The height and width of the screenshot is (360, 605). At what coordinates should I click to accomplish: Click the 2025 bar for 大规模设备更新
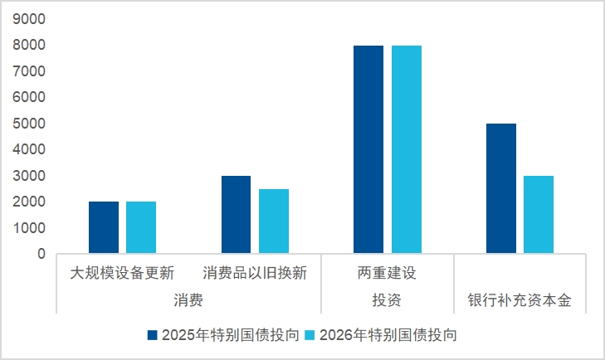104,227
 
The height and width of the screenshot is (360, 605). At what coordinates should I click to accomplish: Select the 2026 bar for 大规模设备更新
141,227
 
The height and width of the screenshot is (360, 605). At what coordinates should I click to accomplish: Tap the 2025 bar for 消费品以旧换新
237,215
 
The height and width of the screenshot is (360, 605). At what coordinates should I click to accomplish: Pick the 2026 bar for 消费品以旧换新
274,221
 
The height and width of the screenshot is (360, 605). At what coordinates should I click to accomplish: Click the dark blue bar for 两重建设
368,149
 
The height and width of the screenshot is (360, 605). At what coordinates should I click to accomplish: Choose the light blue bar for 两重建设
407,149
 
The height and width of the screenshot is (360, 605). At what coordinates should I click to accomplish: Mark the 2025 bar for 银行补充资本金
501,188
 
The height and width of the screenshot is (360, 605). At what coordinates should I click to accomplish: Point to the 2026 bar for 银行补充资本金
539,215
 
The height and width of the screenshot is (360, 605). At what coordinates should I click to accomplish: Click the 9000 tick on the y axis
29,19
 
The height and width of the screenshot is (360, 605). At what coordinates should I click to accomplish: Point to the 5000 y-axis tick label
29,124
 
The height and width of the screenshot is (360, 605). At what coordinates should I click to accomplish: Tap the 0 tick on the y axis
41,254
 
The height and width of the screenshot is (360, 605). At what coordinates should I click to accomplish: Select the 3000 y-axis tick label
29,176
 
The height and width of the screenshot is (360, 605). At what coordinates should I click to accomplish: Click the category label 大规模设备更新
122,273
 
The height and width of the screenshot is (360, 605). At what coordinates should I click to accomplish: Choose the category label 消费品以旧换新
255,273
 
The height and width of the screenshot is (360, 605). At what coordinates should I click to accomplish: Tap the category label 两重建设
387,273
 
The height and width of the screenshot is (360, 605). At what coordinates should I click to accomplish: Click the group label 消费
188,299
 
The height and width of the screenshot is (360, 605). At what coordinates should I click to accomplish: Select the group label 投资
387,299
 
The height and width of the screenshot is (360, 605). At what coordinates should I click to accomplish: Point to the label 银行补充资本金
520,299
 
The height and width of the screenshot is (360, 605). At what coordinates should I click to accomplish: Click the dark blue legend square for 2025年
153,335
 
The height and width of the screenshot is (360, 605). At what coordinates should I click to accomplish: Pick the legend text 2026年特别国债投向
388,335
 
